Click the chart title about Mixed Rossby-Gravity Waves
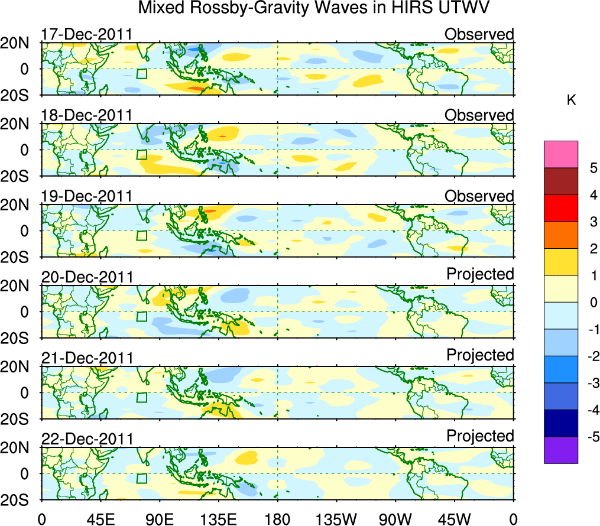[x=314, y=8]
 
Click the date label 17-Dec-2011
[x=86, y=34]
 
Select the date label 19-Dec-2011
[x=86, y=196]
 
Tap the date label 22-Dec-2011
[x=86, y=439]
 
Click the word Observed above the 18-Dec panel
[x=479, y=115]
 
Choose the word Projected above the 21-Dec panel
[x=480, y=355]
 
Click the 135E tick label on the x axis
[x=218, y=518]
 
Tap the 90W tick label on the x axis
[x=395, y=518]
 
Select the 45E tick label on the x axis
[x=100, y=518]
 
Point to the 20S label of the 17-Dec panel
[x=20, y=95]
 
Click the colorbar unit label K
[x=571, y=100]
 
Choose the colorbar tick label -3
[x=586, y=383]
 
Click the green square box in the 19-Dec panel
[x=141, y=235]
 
